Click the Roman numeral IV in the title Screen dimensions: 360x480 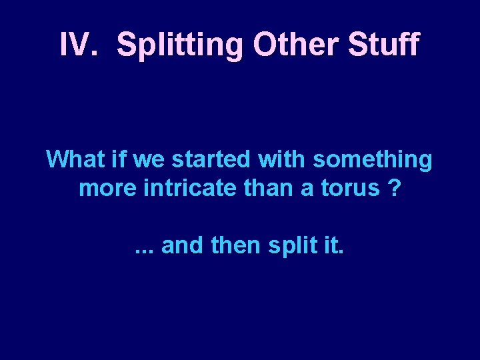(x=74, y=45)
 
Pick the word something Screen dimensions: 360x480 (x=372, y=161)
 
